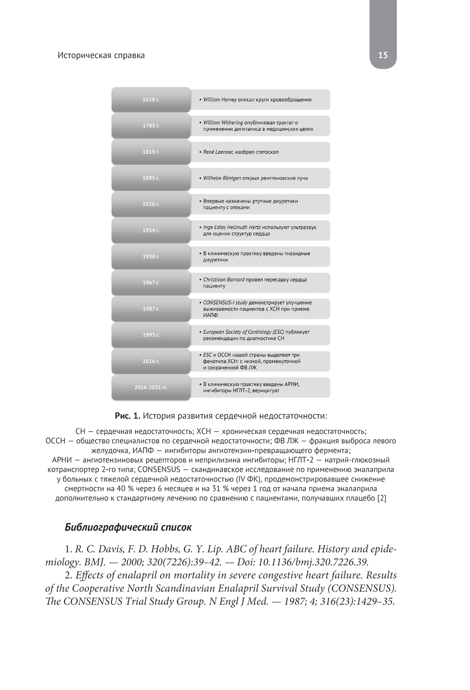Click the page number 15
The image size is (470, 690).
(383, 55)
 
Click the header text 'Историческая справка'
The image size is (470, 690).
(101, 55)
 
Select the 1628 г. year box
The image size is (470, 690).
(151, 100)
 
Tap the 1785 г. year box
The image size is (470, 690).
(151, 126)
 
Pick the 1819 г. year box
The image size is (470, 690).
(151, 152)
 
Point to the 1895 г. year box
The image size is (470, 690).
(151, 178)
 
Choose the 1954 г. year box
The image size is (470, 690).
(151, 230)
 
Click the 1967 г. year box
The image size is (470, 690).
(151, 283)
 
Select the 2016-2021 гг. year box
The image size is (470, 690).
(151, 388)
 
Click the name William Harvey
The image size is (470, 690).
(220, 100)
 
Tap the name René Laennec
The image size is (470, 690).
(218, 152)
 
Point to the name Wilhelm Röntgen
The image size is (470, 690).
(222, 178)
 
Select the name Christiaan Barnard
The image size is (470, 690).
(224, 279)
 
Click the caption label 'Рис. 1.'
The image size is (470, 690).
(127, 416)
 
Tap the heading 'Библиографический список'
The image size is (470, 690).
(128, 527)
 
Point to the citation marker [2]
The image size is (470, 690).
(382, 498)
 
